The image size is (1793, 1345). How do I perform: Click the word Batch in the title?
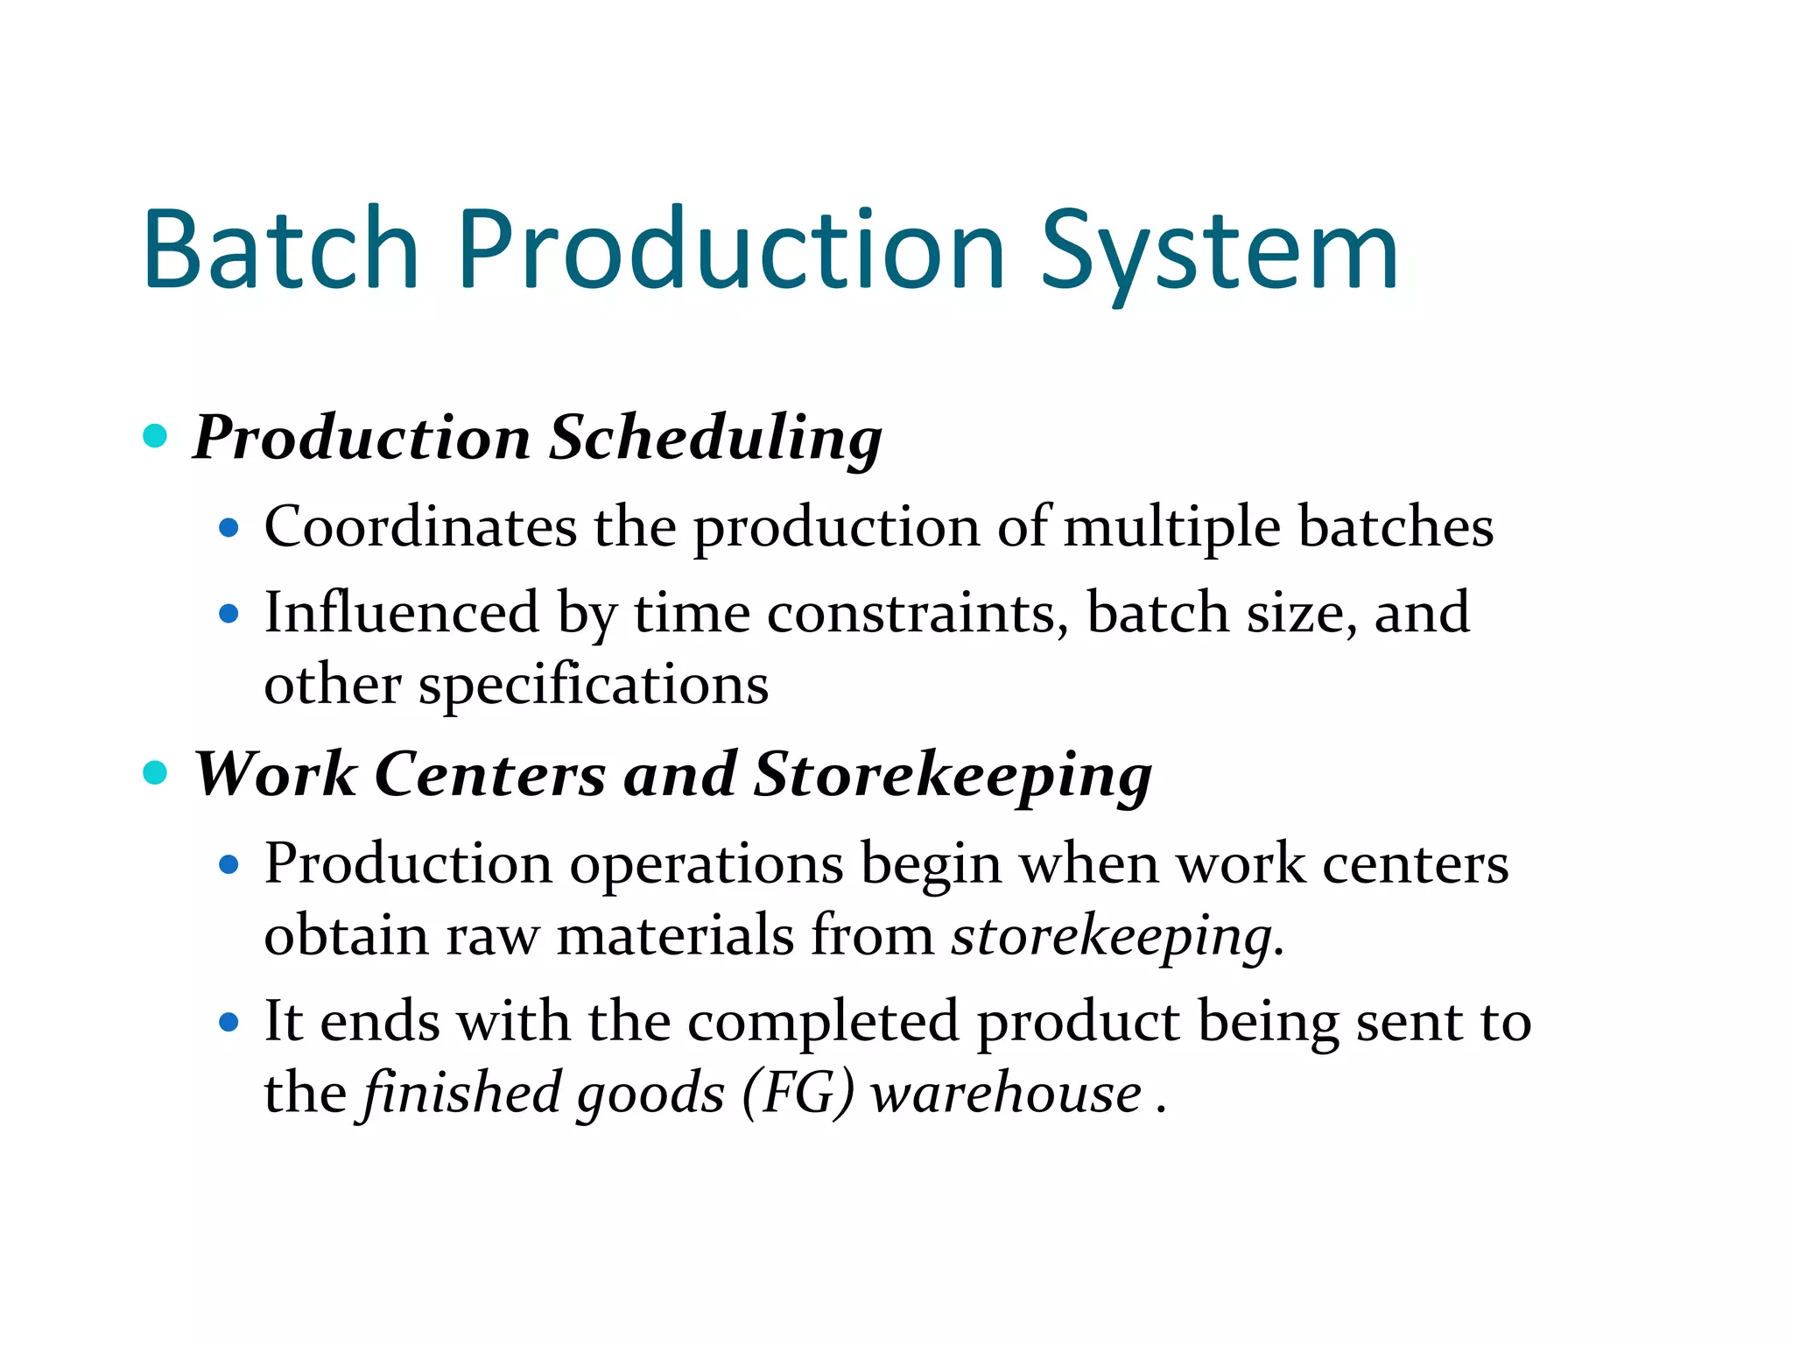280,250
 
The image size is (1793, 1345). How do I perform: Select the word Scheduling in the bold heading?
715,438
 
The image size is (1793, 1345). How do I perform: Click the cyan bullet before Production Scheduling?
155,435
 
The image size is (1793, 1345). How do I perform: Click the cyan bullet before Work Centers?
155,772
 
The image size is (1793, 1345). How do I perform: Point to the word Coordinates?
420,527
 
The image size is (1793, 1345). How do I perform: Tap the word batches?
1396,527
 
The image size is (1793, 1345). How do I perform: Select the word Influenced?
402,612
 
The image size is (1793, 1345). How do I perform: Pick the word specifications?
594,686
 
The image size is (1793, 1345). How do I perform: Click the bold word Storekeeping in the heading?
953,776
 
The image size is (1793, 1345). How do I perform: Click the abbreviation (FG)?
798,1095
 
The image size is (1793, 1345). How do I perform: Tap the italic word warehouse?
1007,1095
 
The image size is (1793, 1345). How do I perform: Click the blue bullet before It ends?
229,1022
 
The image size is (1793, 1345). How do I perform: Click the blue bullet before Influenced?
229,614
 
